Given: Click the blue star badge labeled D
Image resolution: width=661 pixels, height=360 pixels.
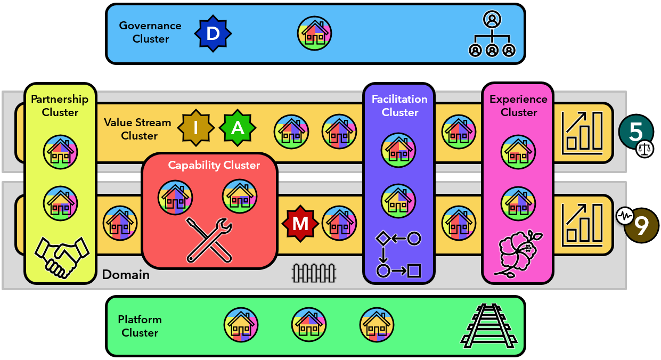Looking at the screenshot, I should point(213,34).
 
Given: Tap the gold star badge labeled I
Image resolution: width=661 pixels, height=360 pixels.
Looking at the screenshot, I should point(195,128).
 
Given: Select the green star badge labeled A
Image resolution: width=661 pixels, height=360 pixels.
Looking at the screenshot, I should point(238,128).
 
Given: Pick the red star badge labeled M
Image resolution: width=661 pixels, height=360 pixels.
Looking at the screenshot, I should point(300,224).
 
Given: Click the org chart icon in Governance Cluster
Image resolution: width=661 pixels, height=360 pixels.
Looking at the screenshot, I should point(492,35).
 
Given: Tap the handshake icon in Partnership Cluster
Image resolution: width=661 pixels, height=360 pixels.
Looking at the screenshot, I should point(61,256).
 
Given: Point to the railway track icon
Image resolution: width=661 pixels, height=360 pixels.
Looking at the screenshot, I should point(489,325).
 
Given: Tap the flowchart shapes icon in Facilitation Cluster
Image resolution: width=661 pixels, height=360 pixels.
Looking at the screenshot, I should point(398,255).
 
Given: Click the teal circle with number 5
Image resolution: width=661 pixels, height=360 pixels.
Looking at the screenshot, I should point(635,132).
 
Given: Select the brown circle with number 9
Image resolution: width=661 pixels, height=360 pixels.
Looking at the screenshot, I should point(642,226).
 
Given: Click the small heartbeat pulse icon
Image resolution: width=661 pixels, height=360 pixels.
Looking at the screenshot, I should point(624,216).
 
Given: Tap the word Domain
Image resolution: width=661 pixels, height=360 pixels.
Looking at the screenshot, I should point(126,275).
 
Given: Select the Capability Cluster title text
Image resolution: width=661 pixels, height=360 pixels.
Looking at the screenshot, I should point(214,165).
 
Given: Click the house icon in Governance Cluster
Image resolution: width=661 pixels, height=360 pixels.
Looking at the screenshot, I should point(315,33).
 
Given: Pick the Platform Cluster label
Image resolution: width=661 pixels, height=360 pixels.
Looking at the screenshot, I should point(140,326).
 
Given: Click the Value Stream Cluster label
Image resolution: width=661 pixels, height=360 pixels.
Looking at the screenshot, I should point(137,129).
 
